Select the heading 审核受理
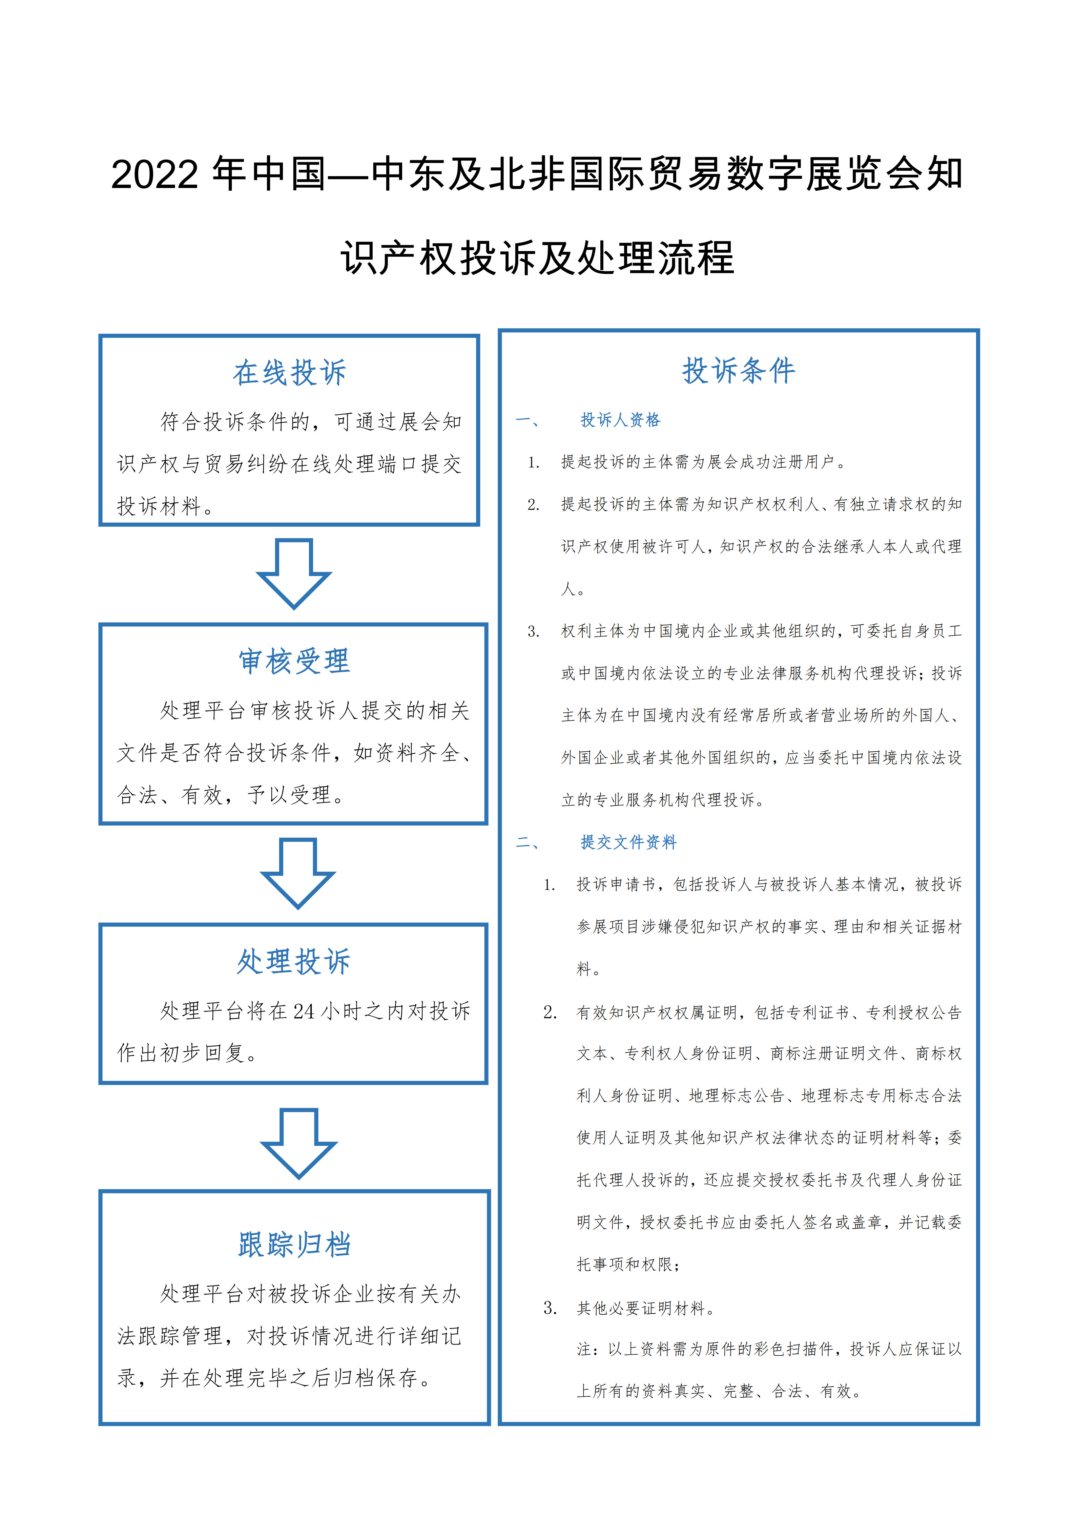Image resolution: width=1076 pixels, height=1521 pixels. [294, 661]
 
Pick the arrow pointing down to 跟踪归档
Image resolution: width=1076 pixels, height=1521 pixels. [299, 1143]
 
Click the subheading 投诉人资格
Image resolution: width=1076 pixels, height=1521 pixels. [620, 420]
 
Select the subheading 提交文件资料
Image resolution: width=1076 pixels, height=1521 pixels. [628, 842]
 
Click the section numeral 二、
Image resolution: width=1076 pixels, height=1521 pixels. [528, 842]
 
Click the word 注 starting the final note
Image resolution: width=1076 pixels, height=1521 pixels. [584, 1350]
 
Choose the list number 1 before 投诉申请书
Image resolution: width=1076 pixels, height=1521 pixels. [549, 885]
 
